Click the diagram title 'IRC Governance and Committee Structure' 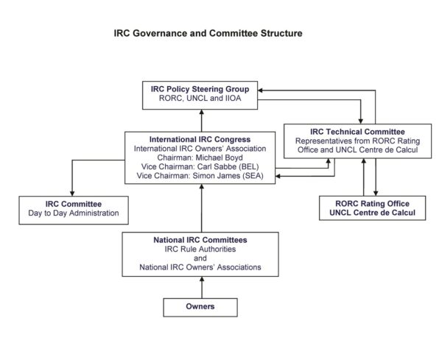[208, 33]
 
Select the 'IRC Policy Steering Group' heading [200, 89]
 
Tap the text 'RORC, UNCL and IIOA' [200, 98]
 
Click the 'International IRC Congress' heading [200, 139]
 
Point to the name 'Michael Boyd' [219, 158]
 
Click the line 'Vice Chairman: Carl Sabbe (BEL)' [200, 166]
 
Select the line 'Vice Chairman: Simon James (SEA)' [200, 175]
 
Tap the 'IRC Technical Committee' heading [357, 132]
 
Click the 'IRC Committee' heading [74, 204]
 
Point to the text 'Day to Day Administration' [74, 213]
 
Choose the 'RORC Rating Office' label [372, 203]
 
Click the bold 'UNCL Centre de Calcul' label [372, 213]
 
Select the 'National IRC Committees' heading [200, 240]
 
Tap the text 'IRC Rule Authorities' [200, 249]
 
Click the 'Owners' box [200, 307]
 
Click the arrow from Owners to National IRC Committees [202, 287]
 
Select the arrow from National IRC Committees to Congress [202, 208]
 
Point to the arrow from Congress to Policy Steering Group [202, 121]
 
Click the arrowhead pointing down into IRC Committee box [72, 194]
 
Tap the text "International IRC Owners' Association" [200, 149]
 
